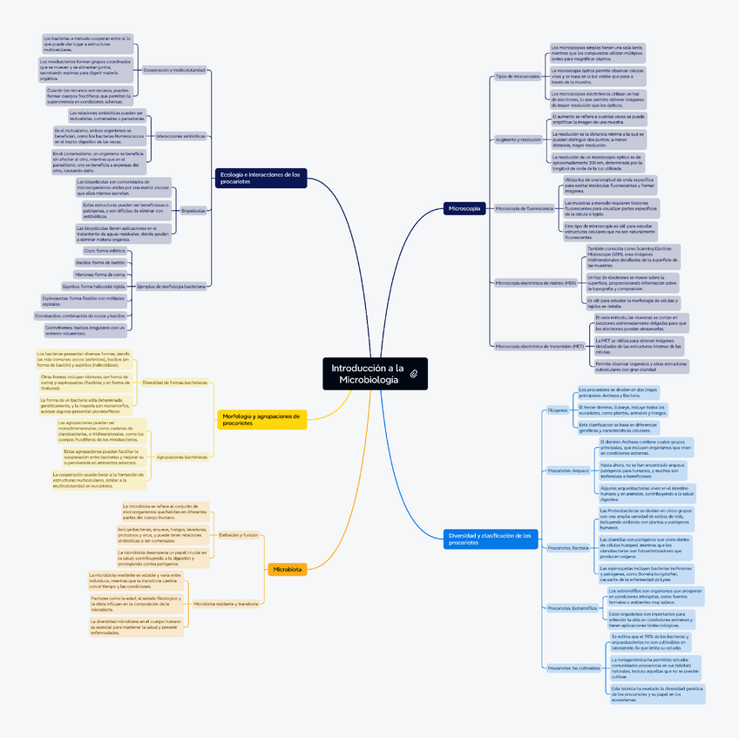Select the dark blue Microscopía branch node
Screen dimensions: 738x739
[463, 208]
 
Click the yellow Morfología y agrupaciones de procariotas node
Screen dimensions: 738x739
[261, 420]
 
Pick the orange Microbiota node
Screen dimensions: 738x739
[288, 569]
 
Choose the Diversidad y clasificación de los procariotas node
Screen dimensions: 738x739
[490, 538]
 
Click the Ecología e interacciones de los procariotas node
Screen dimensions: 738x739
[261, 178]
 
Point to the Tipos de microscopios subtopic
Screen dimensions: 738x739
[518, 77]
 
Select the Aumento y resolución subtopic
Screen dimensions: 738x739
[518, 139]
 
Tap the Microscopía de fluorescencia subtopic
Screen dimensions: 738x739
[524, 208]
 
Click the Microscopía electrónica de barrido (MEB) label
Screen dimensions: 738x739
[535, 283]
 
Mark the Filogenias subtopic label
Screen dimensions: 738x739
[557, 410]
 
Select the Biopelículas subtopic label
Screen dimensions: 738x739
[193, 210]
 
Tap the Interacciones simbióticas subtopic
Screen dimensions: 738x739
[181, 136]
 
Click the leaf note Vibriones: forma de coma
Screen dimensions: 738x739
[100, 274]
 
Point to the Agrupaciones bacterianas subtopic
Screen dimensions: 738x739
[181, 457]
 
